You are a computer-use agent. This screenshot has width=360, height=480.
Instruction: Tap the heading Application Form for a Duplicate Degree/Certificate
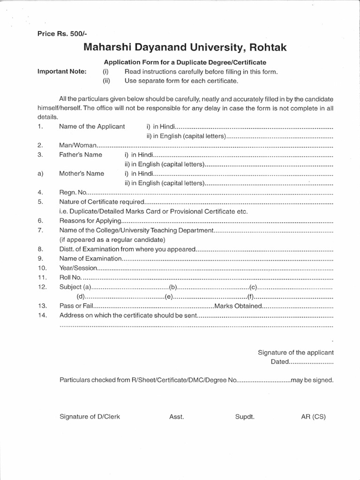pos(185,62)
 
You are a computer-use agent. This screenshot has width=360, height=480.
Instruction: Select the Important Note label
pos(62,72)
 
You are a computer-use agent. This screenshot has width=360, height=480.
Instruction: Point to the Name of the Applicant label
pos(92,127)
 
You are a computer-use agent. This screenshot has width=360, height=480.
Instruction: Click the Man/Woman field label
pos(77,145)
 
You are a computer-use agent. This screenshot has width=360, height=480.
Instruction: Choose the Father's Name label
pos(81,155)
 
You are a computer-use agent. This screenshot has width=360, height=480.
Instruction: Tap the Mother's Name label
pos(82,173)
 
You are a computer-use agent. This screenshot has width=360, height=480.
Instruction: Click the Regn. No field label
pos(71,192)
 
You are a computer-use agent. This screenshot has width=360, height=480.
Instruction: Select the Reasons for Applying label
pos(90,220)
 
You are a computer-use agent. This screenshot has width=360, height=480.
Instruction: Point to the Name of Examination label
pos(90,258)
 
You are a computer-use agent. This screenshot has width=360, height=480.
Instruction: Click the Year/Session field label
pos(78,268)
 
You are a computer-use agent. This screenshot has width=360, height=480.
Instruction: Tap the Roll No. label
pos(70,277)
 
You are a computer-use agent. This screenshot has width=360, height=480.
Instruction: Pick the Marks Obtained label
pos(237,306)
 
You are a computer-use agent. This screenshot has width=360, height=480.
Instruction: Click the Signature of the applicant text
pos(296,352)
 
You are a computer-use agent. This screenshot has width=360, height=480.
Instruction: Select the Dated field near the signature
pos(280,362)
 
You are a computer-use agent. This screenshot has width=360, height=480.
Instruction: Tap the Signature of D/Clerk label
pos(90,416)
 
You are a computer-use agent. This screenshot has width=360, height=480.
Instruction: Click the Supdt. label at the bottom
pos(245,416)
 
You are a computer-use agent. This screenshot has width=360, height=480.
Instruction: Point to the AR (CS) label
pos(314,416)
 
